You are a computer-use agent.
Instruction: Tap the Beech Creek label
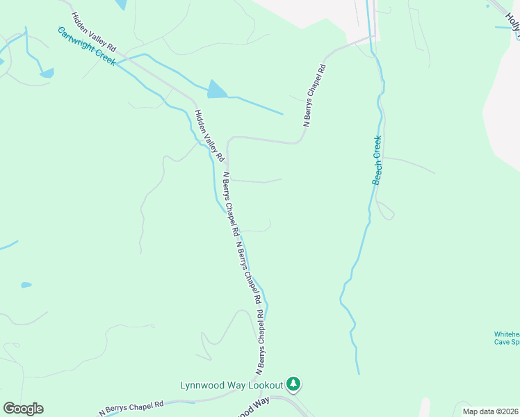pos(377,160)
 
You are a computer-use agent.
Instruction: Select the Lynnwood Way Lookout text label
pos(231,384)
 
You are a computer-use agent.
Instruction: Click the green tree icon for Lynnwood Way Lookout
pos(294,384)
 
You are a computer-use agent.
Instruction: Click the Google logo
pos(23,409)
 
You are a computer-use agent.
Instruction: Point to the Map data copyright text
pos(490,411)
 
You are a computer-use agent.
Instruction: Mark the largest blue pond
pos(217,89)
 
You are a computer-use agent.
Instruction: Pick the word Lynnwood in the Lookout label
pos(204,384)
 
